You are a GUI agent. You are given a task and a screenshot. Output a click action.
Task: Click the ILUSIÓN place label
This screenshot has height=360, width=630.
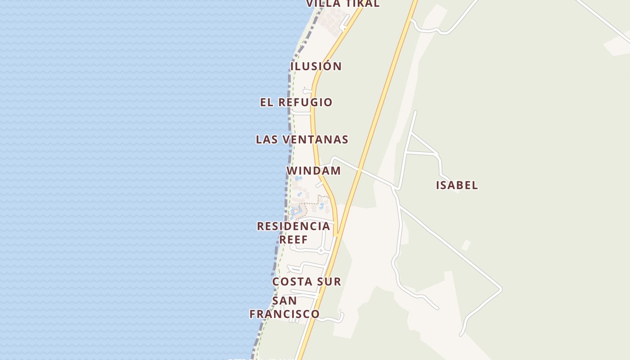316,66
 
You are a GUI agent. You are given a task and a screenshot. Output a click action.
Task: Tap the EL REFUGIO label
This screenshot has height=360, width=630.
296,102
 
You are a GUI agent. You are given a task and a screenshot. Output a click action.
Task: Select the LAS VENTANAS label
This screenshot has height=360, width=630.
302,139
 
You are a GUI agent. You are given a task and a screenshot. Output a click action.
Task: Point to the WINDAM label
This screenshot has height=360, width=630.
314,171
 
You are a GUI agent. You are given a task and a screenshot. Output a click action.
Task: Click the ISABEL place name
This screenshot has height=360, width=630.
457,185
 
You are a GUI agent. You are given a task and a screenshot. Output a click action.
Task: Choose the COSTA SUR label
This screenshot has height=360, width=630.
307,282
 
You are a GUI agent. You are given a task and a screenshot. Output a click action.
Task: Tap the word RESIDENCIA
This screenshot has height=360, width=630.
293,226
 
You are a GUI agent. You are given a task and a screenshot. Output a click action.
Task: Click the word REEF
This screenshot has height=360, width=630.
293,239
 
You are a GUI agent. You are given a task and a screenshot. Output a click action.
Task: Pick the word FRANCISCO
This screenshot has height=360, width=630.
284,314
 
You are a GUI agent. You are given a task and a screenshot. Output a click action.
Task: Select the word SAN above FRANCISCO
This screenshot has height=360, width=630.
284,300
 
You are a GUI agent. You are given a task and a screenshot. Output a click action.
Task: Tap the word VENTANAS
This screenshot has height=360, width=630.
316,139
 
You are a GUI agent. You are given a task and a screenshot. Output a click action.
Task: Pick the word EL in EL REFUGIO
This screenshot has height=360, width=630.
266,102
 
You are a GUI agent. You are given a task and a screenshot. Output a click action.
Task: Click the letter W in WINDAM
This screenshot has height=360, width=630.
292,171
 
